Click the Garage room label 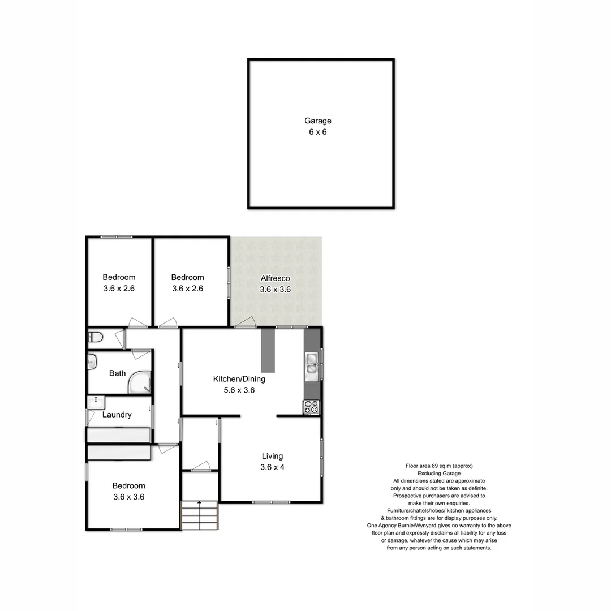coord(317,121)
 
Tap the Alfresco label coord(275,278)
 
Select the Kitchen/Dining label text coord(239,379)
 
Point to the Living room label coord(272,456)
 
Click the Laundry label coord(117,415)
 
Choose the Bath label coord(117,373)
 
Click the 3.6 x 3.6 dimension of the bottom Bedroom coord(128,497)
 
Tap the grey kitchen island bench coord(268,351)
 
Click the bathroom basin coord(92,362)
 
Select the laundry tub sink coord(95,402)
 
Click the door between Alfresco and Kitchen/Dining coord(244,324)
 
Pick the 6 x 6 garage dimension coord(317,132)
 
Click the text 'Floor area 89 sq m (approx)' coord(439,466)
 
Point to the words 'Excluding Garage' coord(439,473)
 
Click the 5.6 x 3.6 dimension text coord(239,390)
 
